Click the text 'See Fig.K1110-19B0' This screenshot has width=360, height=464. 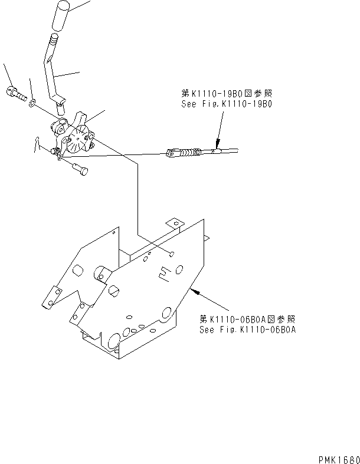[x=228, y=103]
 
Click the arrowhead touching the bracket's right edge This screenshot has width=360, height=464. [x=195, y=289]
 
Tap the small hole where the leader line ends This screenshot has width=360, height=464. [x=170, y=254]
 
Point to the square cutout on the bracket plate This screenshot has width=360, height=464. [x=165, y=272]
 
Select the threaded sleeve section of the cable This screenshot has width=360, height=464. [x=188, y=153]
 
